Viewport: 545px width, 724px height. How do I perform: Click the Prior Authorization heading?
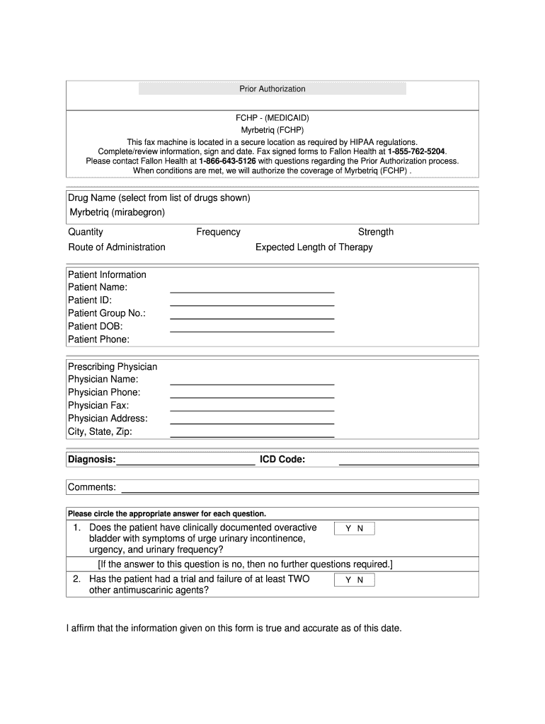pos(272,89)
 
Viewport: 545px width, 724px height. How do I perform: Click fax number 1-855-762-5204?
pos(417,151)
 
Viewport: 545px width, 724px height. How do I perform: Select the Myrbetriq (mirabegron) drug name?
pos(117,212)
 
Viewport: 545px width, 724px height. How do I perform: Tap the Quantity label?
pos(86,232)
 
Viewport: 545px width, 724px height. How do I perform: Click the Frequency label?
pos(218,232)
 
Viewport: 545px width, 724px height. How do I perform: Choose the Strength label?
pos(376,232)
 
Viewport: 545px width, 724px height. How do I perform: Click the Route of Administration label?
pos(117,247)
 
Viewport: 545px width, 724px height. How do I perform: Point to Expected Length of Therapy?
pos(314,247)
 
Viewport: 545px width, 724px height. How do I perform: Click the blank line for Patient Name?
pos(252,290)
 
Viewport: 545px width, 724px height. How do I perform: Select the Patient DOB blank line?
pos(252,329)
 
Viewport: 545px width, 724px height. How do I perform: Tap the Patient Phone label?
pos(99,339)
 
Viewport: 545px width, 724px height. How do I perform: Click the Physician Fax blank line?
pos(252,409)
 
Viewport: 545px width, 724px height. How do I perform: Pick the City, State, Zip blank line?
pos(252,435)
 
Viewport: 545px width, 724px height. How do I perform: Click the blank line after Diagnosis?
pos(185,463)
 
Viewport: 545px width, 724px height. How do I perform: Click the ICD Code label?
pos(282,460)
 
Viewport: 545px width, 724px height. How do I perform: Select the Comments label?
pos(92,487)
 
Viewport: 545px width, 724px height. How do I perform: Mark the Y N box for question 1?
pos(355,529)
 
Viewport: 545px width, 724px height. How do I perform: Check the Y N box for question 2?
pos(355,580)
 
